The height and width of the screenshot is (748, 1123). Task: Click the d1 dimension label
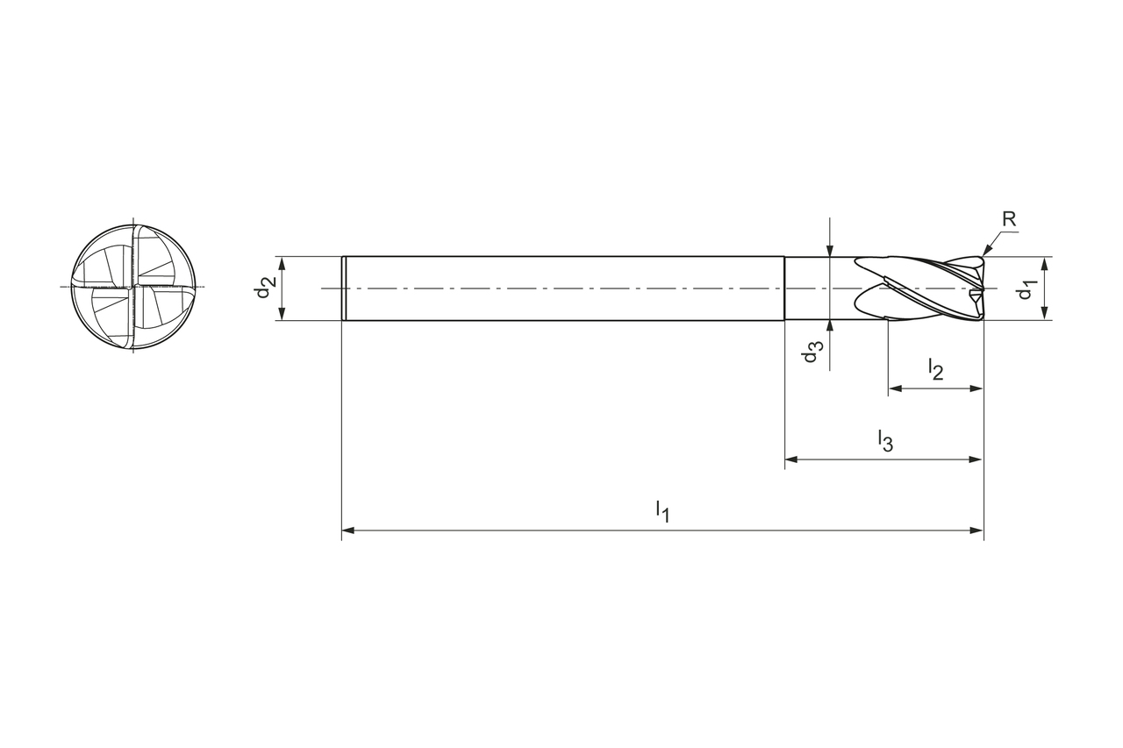point(1027,289)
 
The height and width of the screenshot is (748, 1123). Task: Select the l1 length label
point(662,511)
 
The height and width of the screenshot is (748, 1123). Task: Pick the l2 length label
point(935,369)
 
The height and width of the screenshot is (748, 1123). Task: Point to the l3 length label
point(885,441)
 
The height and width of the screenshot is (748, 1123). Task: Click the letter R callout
point(1009,219)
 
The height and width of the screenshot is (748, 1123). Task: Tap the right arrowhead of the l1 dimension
point(976,531)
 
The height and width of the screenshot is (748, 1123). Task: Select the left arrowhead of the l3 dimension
point(791,459)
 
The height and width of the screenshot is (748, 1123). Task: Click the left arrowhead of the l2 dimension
point(895,388)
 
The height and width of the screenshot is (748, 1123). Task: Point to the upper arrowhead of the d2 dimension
point(283,263)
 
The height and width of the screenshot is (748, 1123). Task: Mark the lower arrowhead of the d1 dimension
point(1045,314)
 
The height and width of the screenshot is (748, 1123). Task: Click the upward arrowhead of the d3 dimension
point(831,327)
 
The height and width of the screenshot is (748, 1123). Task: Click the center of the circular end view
point(133,287)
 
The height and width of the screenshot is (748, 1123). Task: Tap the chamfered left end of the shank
point(344,289)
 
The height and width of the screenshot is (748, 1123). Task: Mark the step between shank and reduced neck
point(784,289)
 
